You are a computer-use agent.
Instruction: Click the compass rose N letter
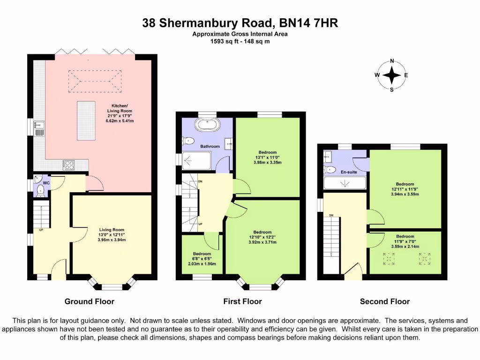tap(392, 61)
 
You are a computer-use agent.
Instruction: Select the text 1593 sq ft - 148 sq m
tap(240, 41)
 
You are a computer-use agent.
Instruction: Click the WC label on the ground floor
tap(46, 183)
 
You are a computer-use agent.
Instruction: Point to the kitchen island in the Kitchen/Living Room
tap(85, 120)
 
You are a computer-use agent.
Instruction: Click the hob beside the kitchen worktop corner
tap(69, 165)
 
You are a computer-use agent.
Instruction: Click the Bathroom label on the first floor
tap(210, 146)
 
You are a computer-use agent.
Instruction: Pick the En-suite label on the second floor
tap(348, 172)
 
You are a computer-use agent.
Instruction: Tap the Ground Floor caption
tap(89, 301)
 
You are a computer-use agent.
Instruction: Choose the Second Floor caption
tap(384, 301)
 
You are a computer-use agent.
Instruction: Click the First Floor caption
tap(242, 301)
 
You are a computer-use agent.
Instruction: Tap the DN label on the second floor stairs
tap(331, 216)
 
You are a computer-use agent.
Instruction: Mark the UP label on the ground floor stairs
tap(41, 230)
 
